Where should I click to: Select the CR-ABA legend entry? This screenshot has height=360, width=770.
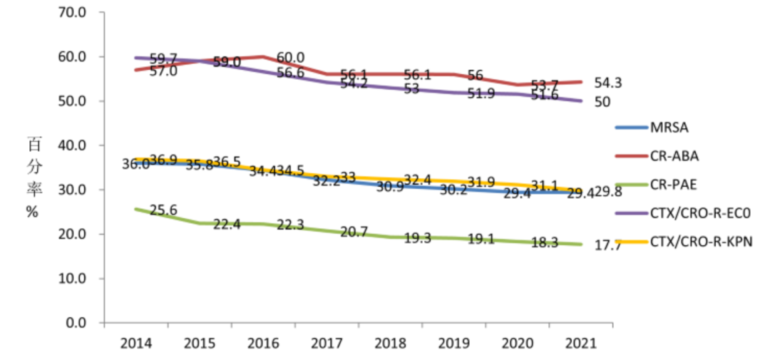click(674, 156)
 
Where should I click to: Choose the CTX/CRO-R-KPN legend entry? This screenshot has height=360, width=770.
click(701, 242)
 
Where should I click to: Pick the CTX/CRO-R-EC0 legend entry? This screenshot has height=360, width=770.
click(701, 212)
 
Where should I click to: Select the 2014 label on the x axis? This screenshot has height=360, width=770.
click(136, 344)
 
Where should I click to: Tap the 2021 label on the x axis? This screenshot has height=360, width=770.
click(581, 344)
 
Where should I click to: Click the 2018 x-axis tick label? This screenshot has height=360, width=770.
click(391, 344)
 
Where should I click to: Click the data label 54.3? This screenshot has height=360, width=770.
click(607, 83)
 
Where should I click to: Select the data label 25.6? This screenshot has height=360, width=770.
click(163, 210)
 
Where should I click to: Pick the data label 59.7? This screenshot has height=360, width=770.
click(163, 58)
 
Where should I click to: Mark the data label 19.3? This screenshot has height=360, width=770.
click(416, 239)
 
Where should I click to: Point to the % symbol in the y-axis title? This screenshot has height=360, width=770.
click(32, 212)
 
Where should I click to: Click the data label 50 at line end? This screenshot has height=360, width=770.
click(602, 103)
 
